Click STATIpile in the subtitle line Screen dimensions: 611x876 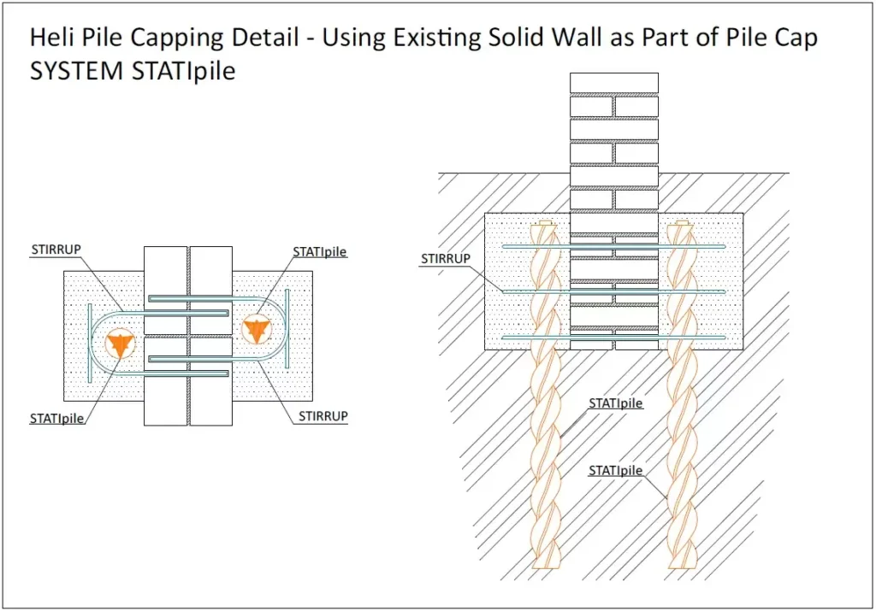183,71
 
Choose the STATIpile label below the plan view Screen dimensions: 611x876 57,418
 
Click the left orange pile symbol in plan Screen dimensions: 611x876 120,344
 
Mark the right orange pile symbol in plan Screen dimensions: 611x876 256,326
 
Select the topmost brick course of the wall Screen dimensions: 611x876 614,83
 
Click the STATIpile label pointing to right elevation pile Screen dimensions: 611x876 616,470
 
